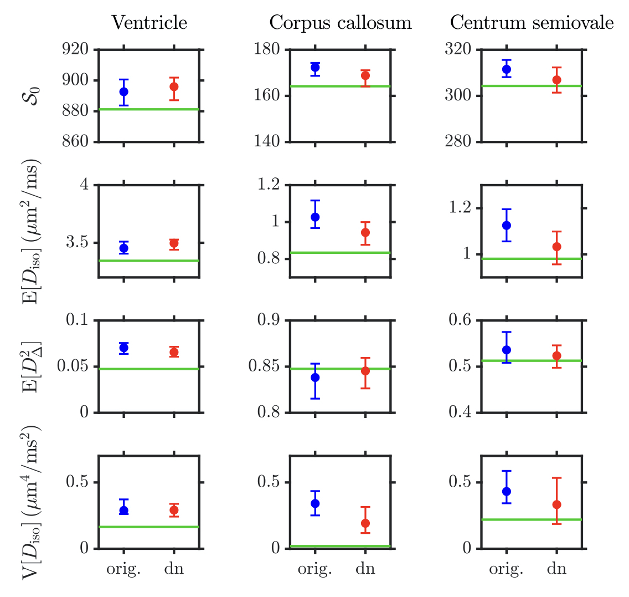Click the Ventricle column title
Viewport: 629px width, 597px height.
pyautogui.click(x=149, y=23)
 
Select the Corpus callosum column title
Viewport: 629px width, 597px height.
pyautogui.click(x=341, y=23)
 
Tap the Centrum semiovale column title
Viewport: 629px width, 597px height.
pyautogui.click(x=532, y=23)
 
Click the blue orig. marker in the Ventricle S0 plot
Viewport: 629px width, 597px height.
pyautogui.click(x=123, y=91)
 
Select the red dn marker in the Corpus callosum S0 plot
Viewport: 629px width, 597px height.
pyautogui.click(x=365, y=75)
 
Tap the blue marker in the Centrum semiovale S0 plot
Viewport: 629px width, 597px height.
pyautogui.click(x=506, y=69)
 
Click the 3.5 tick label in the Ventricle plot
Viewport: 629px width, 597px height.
pyautogui.click(x=80, y=243)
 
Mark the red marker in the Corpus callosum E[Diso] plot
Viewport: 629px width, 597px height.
pyautogui.click(x=365, y=232)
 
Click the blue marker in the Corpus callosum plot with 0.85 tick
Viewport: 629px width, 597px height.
pyautogui.click(x=315, y=377)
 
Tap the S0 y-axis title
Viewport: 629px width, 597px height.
pyautogui.click(x=35, y=95)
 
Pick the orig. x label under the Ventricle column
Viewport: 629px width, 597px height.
pyautogui.click(x=123, y=570)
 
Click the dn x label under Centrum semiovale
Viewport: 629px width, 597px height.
pyautogui.click(x=556, y=570)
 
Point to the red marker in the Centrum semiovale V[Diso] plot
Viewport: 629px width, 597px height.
pyautogui.click(x=556, y=504)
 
